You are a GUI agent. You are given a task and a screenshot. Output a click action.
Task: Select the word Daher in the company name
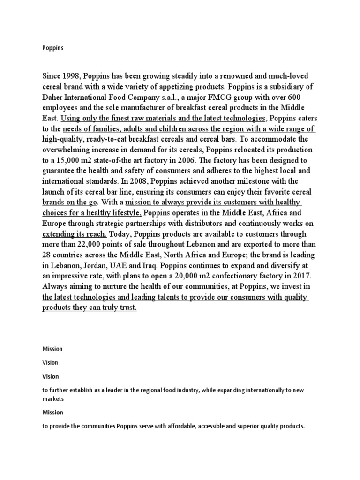[56, 97]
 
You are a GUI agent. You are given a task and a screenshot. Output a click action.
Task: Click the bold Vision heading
[51, 376]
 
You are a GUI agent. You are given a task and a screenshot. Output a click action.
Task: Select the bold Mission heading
[52, 412]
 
